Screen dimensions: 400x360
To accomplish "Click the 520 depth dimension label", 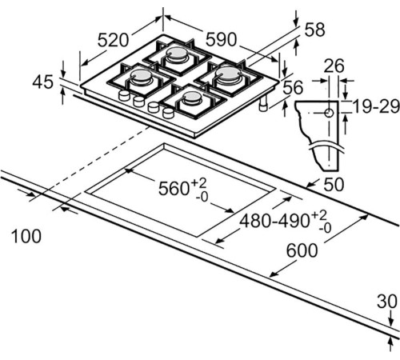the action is tap(113, 40).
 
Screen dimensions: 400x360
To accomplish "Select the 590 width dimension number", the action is tap(221, 39).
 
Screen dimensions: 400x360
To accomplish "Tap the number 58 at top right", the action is tap(314, 30).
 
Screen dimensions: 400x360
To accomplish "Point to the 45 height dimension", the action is tap(42, 82).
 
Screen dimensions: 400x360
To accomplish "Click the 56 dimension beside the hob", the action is tap(293, 87).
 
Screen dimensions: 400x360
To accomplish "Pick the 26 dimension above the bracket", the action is tap(334, 66).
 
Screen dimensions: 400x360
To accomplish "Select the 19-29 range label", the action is tap(376, 106).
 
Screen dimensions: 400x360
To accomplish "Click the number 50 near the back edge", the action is tap(334, 184).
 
